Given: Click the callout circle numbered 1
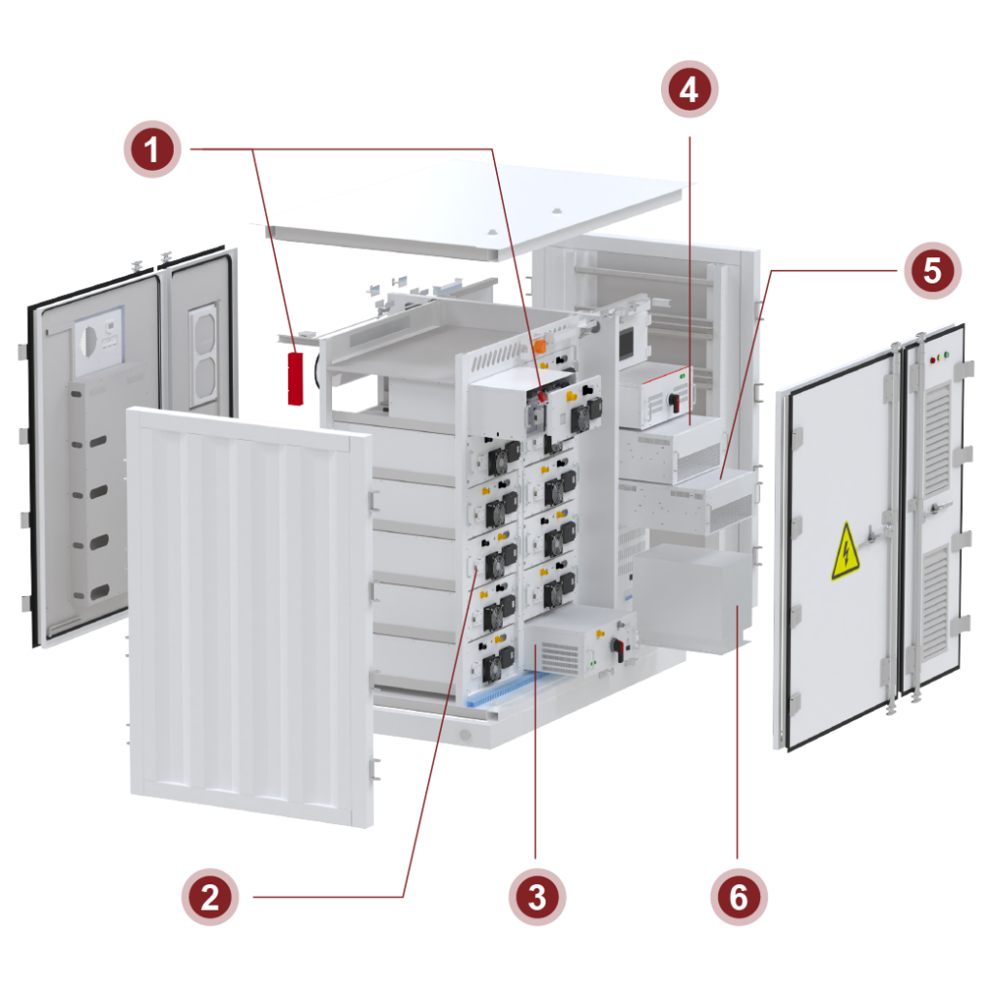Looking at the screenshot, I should click(x=151, y=149).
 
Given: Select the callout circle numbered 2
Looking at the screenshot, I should click(x=210, y=897).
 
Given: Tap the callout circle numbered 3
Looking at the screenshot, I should click(x=537, y=897).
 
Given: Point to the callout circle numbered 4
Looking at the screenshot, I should click(x=689, y=89).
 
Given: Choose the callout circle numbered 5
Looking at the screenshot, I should click(x=932, y=270).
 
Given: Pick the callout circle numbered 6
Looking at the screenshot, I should click(x=739, y=897).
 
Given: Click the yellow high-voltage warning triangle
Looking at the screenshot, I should click(x=845, y=551).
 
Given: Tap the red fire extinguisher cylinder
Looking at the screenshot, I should click(x=294, y=379).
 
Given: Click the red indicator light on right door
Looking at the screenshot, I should click(x=933, y=359).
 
